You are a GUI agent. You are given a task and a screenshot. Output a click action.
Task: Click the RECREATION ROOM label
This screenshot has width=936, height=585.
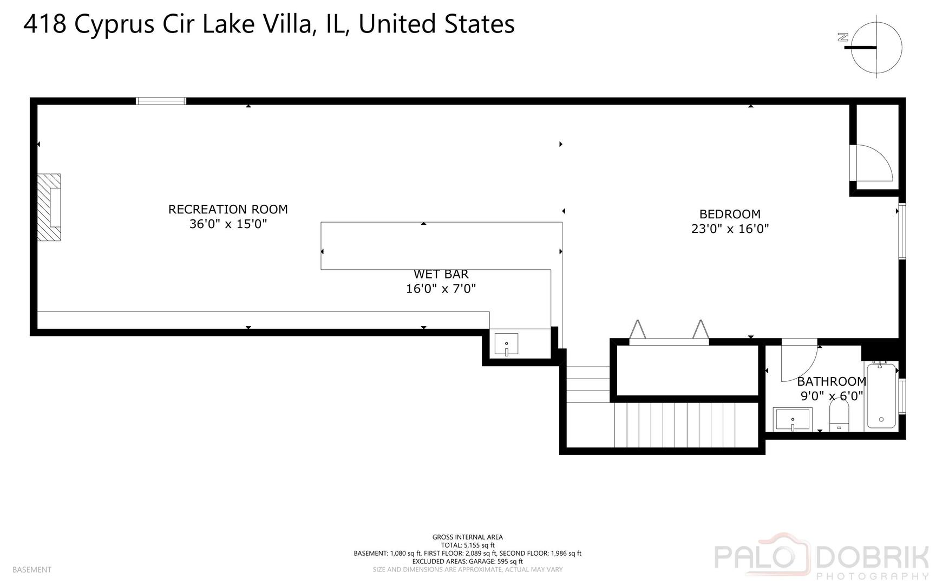228,209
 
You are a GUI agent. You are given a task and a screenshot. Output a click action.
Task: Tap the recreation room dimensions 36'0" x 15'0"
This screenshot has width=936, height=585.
228,224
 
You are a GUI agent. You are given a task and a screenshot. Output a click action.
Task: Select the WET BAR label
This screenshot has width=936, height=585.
441,274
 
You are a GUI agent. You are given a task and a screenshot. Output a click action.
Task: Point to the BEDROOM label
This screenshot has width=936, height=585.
730,214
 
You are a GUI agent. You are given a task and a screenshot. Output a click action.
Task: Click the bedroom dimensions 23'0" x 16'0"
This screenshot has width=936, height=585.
730,229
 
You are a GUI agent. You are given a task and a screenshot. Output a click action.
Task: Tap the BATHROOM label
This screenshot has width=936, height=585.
832,381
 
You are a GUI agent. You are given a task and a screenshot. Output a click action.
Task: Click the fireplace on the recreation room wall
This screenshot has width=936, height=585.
49,207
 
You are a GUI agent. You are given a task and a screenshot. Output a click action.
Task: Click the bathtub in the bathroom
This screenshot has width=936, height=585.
881,395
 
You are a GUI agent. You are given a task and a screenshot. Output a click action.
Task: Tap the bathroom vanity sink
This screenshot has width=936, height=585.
793,419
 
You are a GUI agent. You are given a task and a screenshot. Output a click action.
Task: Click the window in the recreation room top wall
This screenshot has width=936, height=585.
161,101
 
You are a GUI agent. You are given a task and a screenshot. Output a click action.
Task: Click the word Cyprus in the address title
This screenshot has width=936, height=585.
114,25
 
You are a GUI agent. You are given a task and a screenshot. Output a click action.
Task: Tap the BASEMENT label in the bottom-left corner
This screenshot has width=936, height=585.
32,570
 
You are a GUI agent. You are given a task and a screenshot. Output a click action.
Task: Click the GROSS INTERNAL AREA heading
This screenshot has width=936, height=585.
468,537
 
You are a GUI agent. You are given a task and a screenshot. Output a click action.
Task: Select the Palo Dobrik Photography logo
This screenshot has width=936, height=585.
822,556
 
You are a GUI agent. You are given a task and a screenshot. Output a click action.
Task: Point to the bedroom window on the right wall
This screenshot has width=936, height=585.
902,231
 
